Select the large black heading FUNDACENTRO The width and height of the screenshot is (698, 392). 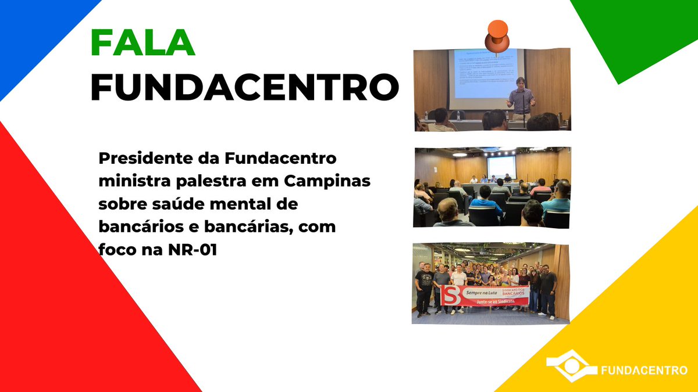coord(245,87)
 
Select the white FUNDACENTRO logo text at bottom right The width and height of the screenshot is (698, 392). coord(643,370)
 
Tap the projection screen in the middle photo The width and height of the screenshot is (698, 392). coord(501,167)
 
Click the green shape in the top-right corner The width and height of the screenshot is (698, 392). coord(640,29)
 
